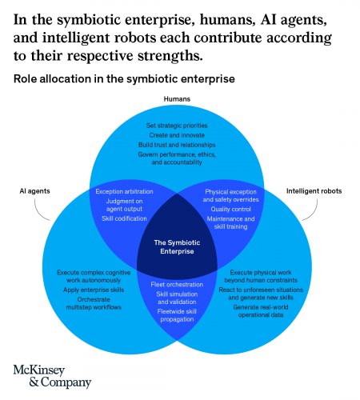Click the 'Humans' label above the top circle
[177, 99]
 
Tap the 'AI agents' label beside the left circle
[34, 191]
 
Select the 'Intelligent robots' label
[314, 191]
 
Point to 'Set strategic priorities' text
[177, 126]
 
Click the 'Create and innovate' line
[177, 135]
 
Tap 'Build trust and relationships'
[177, 145]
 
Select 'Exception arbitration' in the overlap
[124, 191]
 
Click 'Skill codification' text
[124, 218]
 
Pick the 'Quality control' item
[230, 209]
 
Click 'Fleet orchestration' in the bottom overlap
[177, 285]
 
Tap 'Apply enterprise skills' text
[94, 290]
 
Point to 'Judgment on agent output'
[124, 205]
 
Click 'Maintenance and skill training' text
[230, 222]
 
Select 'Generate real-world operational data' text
[261, 311]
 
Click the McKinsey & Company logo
[52, 376]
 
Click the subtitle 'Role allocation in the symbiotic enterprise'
[124, 79]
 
